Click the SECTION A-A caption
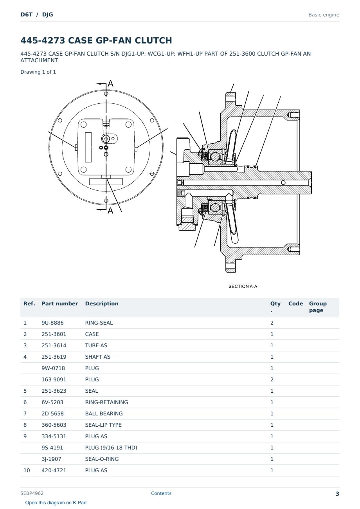coord(243,286)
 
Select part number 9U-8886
coord(52,323)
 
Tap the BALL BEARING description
coord(104,413)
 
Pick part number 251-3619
coord(54,357)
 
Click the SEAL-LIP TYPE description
coord(103,425)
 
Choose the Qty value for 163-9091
coord(272,379)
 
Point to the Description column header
coord(102,303)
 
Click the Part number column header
coord(60,303)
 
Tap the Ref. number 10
coord(27,470)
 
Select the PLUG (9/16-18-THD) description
coord(111,448)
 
